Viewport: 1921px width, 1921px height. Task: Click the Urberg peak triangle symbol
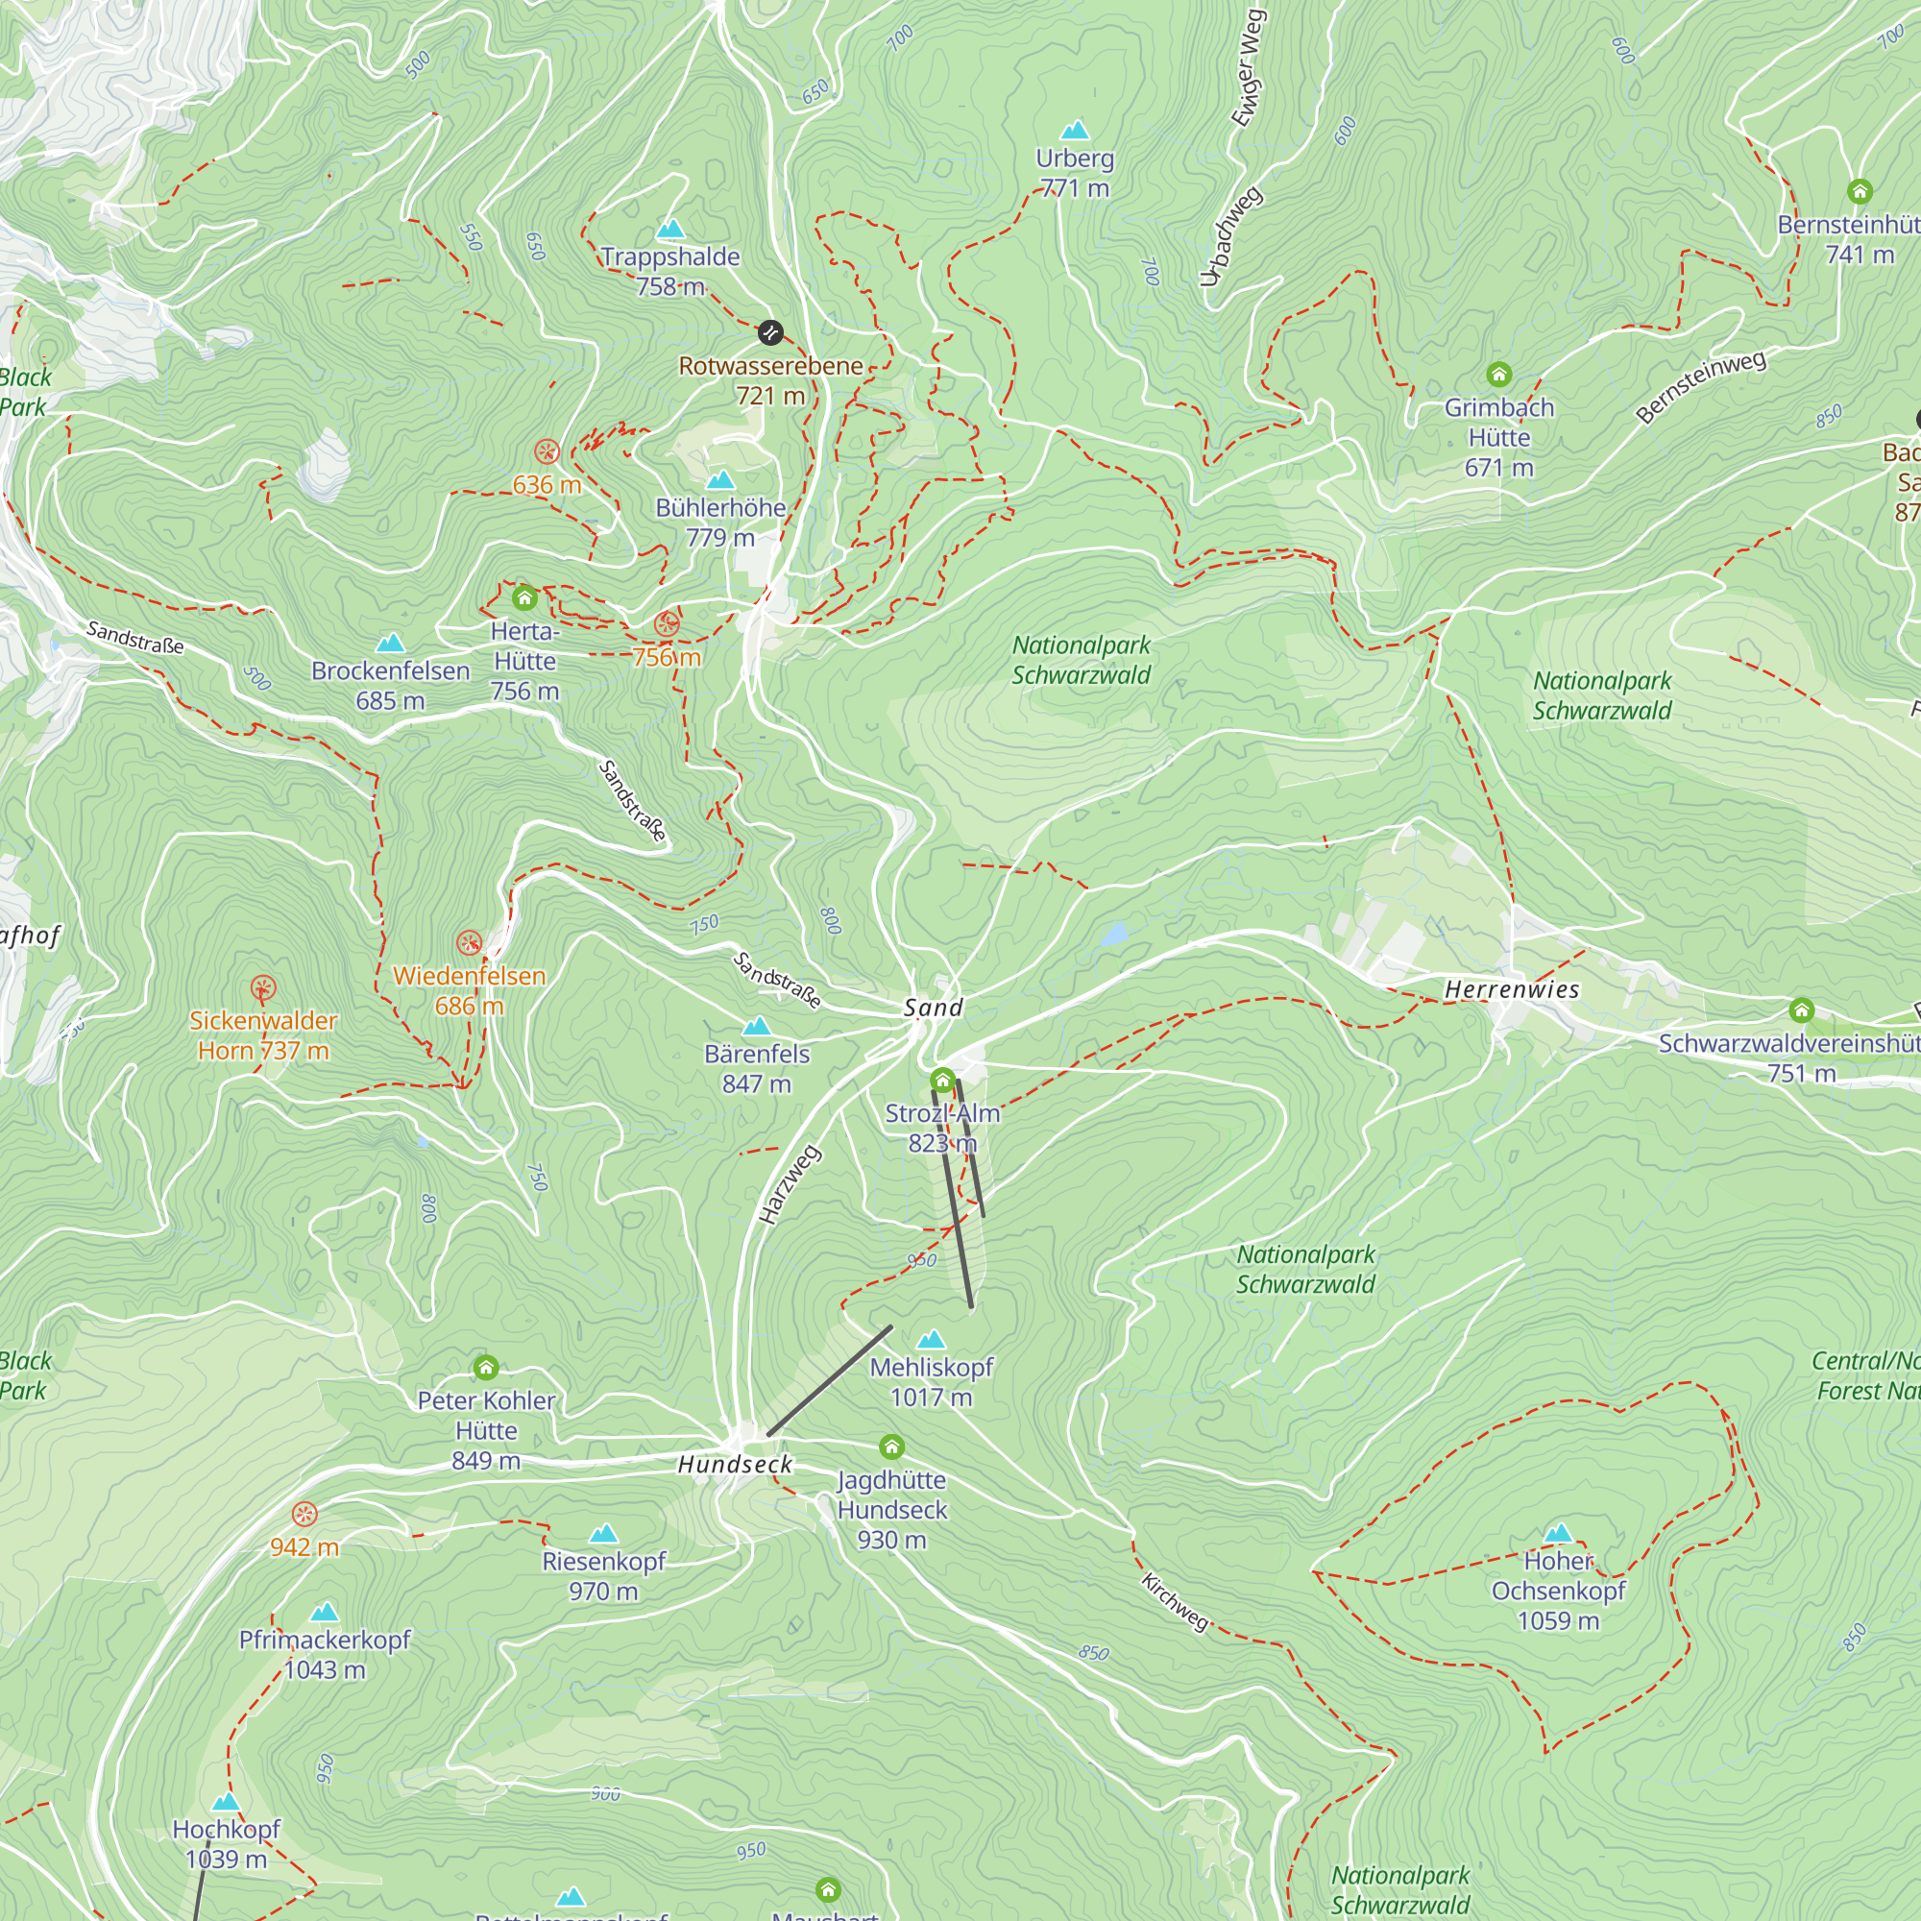pyautogui.click(x=1075, y=131)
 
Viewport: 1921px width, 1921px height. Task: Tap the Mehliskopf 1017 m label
pyautogui.click(x=931, y=1382)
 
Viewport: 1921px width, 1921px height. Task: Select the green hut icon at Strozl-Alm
pyautogui.click(x=942, y=1080)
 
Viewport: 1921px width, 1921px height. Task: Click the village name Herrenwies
pyautogui.click(x=1511, y=989)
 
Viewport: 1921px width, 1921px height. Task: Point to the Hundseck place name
pyautogui.click(x=735, y=1464)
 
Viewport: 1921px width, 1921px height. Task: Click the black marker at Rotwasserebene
pyautogui.click(x=769, y=332)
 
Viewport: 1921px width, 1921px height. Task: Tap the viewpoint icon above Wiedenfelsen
pyautogui.click(x=470, y=942)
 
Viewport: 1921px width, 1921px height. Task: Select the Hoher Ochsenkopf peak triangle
pyautogui.click(x=1558, y=1532)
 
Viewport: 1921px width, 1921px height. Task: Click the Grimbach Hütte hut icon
pyautogui.click(x=1498, y=375)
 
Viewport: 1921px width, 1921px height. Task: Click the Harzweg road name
pyautogui.click(x=790, y=1184)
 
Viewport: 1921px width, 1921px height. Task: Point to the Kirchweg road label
pyautogui.click(x=1176, y=1601)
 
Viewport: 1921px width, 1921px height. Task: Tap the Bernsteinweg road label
pyautogui.click(x=1701, y=387)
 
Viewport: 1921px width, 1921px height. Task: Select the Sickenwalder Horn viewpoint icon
pyautogui.click(x=262, y=987)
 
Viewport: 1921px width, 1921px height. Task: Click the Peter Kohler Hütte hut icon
pyautogui.click(x=485, y=1368)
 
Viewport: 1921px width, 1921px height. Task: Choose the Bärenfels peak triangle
pyautogui.click(x=757, y=1025)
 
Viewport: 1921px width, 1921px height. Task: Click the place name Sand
pyautogui.click(x=933, y=1008)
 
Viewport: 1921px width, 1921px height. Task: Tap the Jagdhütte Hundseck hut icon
pyautogui.click(x=892, y=1447)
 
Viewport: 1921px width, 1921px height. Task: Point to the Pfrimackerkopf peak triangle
pyautogui.click(x=324, y=1612)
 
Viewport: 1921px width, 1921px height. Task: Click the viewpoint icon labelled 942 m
pyautogui.click(x=304, y=1515)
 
